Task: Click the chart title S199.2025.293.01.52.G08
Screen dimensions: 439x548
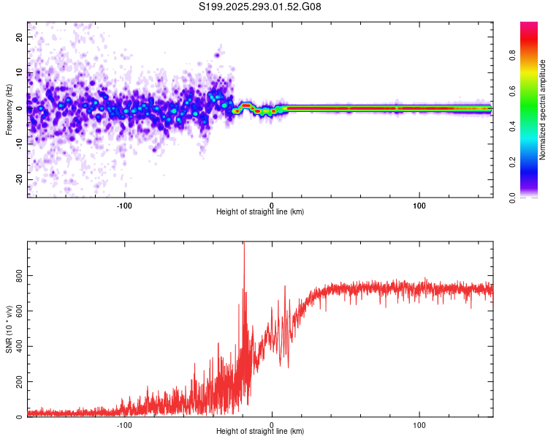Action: (260, 7)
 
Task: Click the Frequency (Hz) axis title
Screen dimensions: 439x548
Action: (9, 110)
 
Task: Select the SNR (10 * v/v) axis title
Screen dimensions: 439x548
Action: (9, 329)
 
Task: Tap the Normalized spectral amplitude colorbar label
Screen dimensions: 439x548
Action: (542, 110)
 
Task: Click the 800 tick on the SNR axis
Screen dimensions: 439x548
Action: (16, 274)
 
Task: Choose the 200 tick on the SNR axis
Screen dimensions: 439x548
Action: (16, 382)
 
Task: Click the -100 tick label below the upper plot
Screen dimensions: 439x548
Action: (124, 205)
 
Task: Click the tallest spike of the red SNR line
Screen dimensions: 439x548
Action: (244, 244)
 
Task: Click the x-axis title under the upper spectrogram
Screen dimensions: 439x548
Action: (260, 212)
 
